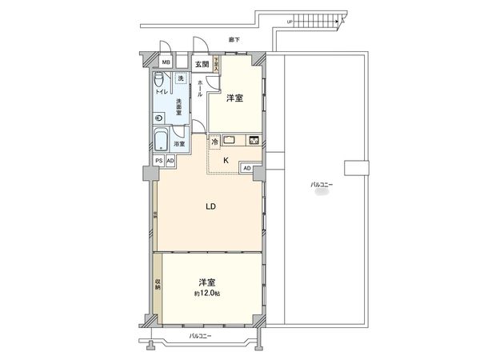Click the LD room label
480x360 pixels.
pos(210,206)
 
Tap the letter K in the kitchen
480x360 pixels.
pos(226,160)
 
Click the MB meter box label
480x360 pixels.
pos(166,62)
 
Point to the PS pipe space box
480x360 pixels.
pos(159,160)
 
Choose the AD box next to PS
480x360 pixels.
pos(170,160)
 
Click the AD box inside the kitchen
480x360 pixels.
pos(246,168)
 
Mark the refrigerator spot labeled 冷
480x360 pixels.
pos(215,142)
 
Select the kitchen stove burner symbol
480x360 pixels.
pos(254,141)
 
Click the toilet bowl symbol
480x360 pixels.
pos(160,79)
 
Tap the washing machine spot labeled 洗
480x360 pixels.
pos(181,78)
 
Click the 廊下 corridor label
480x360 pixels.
pos(234,39)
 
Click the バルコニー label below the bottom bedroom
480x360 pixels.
pos(199,337)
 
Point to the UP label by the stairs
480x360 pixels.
pos(289,22)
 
